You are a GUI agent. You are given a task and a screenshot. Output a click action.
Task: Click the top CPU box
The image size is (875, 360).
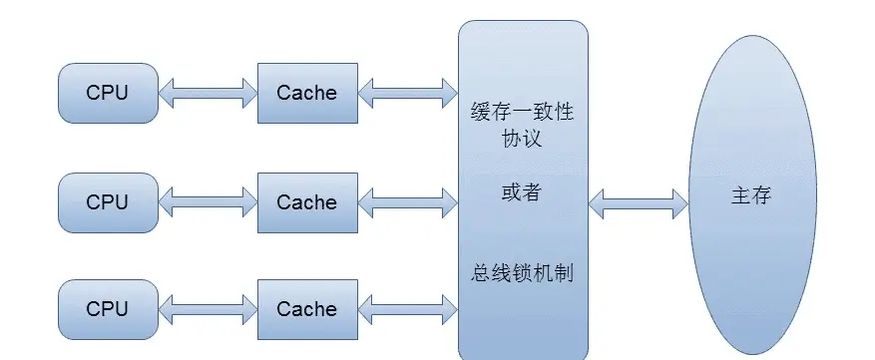coord(108,94)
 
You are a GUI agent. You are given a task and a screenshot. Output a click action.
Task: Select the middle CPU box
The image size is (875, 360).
coord(108,202)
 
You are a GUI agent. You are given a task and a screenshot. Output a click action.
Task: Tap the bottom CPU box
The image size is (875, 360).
coord(108,310)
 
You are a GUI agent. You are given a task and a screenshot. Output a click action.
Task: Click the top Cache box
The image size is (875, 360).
coord(306,94)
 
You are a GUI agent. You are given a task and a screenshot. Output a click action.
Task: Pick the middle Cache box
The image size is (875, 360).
coord(306,202)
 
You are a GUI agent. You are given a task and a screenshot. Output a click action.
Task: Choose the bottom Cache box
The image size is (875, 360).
coord(306,310)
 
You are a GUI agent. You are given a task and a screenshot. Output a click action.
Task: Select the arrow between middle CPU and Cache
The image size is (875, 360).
coord(208,203)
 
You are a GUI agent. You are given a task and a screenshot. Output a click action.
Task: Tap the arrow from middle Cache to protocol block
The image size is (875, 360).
coord(407,203)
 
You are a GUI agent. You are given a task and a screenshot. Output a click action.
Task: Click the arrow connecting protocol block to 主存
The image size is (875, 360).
coord(638,203)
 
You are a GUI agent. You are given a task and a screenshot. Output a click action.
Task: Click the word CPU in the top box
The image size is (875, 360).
coord(108,94)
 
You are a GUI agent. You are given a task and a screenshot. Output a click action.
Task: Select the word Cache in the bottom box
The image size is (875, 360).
coord(306,310)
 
